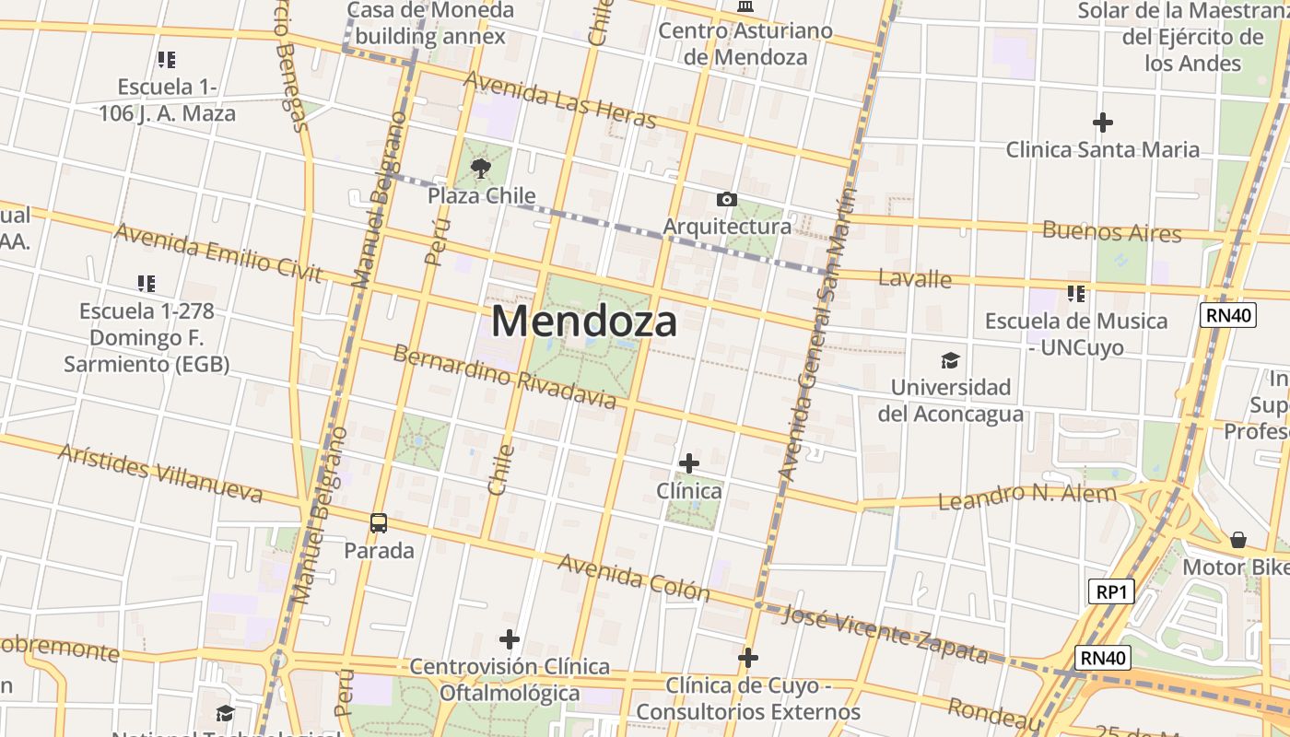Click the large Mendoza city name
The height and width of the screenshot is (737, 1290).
coord(584,322)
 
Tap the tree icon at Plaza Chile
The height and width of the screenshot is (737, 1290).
coord(480,168)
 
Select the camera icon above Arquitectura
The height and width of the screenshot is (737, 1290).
coord(726,199)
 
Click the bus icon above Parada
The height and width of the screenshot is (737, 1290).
coord(378,523)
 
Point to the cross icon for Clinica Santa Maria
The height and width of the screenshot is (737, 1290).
coord(1102,122)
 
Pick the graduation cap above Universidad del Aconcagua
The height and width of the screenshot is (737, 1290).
coord(949,360)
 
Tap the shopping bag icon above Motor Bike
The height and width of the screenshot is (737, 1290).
coord(1238,539)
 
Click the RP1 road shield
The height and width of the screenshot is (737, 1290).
coord(1110,591)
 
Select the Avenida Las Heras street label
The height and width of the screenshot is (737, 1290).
coord(559,99)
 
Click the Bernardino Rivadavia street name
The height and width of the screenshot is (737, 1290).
coord(505,377)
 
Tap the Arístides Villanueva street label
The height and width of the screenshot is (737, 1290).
coord(160,473)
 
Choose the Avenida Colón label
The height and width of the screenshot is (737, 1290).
coord(633,577)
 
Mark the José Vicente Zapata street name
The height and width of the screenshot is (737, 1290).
coord(885,634)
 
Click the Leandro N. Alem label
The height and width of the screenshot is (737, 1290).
coord(1026,497)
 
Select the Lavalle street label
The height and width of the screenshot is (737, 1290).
coord(914,277)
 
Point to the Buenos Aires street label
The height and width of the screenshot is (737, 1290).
coord(1111,231)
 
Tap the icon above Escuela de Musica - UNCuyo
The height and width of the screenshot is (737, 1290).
coord(1075,294)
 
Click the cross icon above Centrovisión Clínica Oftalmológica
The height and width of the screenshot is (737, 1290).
coord(509,638)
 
